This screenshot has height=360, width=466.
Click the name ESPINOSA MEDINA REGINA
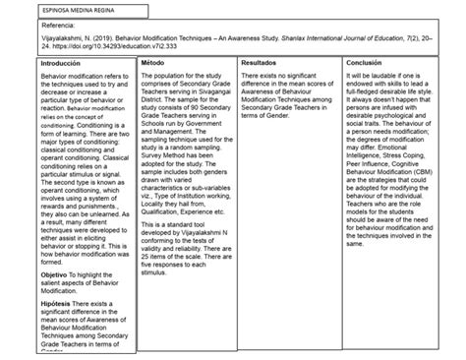(x=51, y=9)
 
